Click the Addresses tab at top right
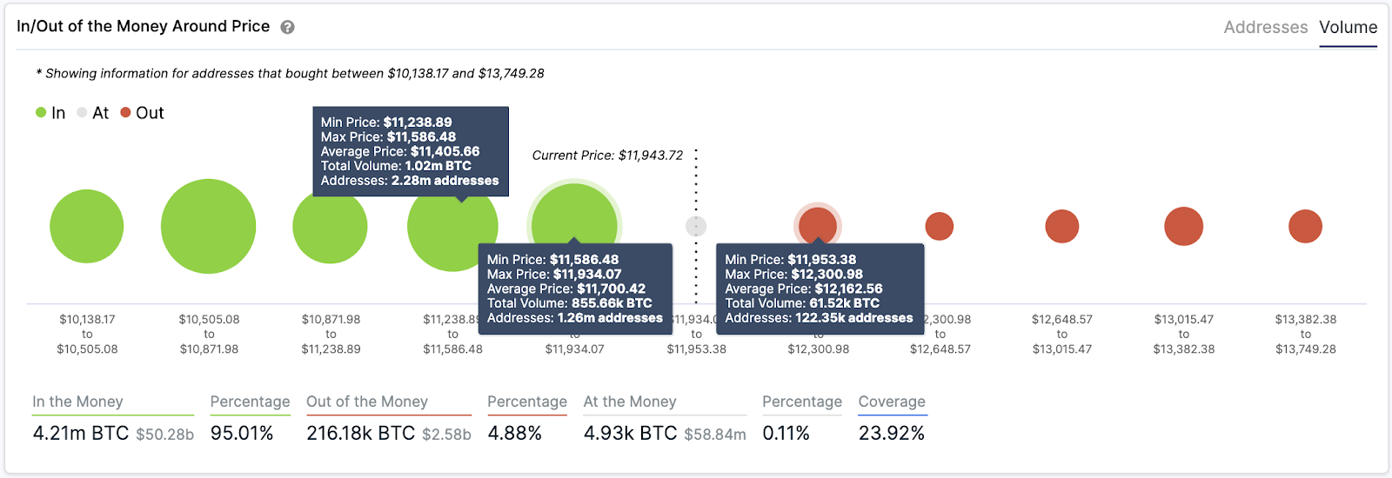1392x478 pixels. [x=1265, y=27]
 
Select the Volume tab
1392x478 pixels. [x=1348, y=27]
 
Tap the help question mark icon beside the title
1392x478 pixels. [x=287, y=27]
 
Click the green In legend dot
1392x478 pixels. [x=41, y=112]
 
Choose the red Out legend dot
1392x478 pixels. [x=125, y=112]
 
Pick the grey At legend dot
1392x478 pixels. [x=82, y=112]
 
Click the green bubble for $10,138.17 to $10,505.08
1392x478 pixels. [x=86, y=226]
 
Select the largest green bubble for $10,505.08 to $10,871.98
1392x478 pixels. [x=208, y=226]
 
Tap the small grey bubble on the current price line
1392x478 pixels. [x=696, y=226]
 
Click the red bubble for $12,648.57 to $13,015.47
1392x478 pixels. [x=1061, y=226]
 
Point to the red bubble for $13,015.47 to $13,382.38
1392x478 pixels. [x=1183, y=226]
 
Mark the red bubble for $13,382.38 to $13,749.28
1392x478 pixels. [x=1305, y=226]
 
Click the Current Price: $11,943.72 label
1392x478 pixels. [x=607, y=156]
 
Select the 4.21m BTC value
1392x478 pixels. [x=80, y=433]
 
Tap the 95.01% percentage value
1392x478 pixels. [x=242, y=433]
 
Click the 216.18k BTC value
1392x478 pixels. [x=360, y=433]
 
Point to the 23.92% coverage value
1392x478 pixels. [x=891, y=433]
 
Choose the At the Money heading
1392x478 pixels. [x=630, y=402]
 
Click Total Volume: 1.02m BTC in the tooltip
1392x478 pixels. [x=396, y=166]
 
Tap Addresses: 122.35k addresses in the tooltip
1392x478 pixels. [x=819, y=318]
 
